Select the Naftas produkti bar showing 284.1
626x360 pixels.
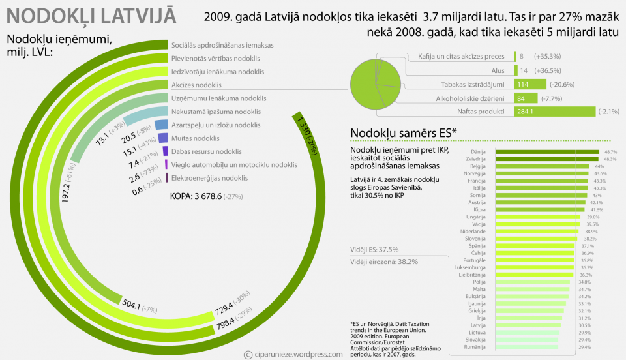(x=554, y=112)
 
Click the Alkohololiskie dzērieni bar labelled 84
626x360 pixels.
(x=525, y=98)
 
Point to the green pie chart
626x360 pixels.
(x=376, y=85)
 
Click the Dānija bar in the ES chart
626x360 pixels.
(x=548, y=152)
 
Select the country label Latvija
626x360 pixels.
(x=478, y=325)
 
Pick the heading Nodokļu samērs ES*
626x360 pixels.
(x=404, y=133)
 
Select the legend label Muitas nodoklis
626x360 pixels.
(x=195, y=138)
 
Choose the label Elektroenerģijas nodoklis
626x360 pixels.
(x=209, y=178)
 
